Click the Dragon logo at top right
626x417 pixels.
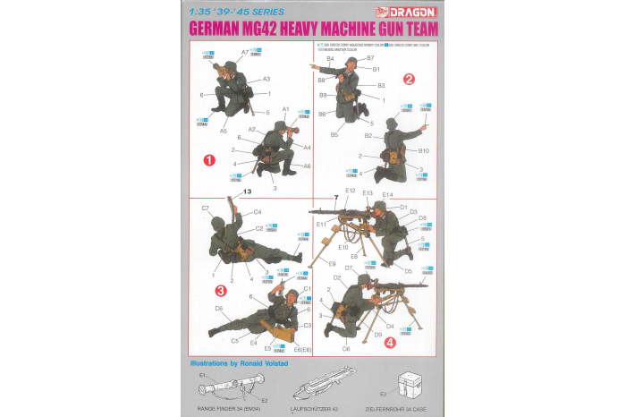coord(410,13)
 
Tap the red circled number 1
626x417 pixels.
coord(208,161)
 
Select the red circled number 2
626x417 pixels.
coord(409,79)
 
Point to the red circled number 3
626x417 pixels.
coord(220,289)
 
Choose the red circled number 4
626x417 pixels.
coord(389,341)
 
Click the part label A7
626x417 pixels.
coord(244,53)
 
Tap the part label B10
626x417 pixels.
coord(423,150)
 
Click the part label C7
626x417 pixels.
coord(206,208)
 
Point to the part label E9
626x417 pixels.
coord(332,264)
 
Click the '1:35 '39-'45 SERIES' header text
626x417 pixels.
coord(238,13)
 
